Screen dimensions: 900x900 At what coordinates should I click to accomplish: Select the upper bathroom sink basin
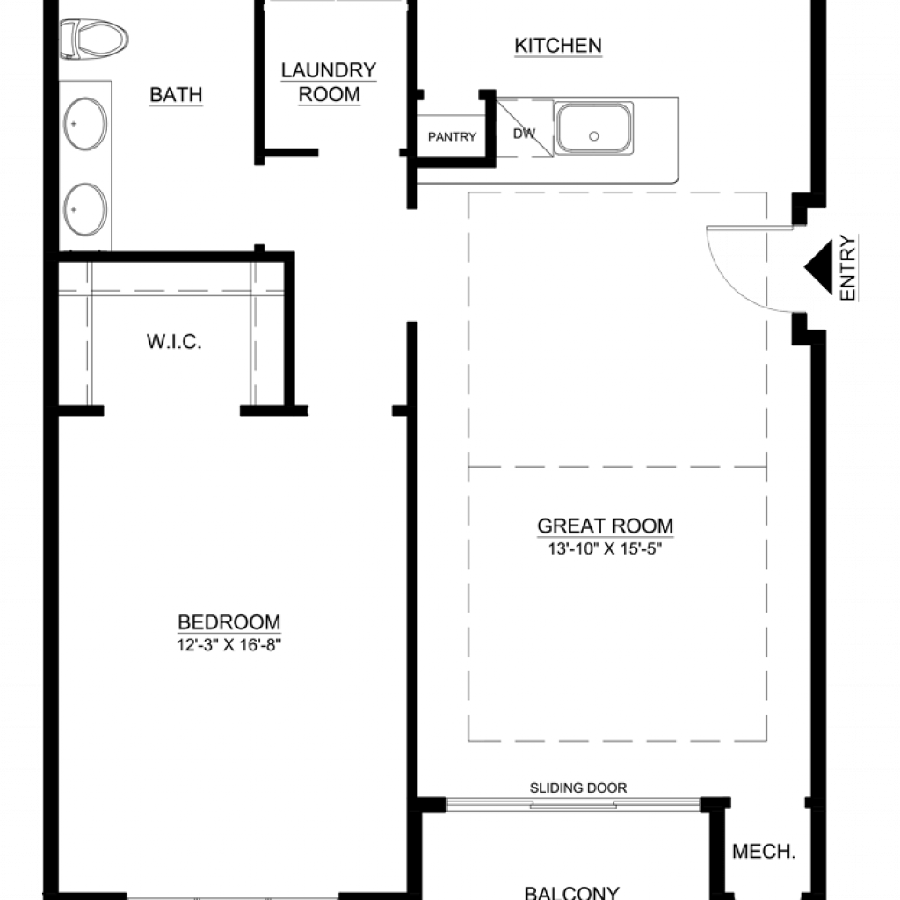85,124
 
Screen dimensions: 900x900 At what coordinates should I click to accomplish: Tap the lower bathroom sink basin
85,209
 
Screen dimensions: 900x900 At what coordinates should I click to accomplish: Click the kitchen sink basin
593,128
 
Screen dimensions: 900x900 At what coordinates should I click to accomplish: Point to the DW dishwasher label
524,134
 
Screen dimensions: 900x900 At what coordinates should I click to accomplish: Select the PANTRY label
453,136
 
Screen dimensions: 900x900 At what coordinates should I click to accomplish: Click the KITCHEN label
558,46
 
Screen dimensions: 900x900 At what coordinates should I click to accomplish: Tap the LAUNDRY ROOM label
329,82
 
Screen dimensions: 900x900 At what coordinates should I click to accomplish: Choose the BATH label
176,95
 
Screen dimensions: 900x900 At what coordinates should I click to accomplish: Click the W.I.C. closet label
174,342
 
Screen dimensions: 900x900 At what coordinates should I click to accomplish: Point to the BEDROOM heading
229,622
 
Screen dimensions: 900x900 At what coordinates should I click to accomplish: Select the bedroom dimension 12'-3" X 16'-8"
229,645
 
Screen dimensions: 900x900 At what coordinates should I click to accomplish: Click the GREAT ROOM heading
605,526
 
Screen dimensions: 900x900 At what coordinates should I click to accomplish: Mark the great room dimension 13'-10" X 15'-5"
605,548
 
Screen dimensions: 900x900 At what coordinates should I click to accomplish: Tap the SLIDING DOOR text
578,788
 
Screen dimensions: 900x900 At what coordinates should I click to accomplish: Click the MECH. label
764,851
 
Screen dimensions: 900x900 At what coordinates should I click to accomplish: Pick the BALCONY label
571,893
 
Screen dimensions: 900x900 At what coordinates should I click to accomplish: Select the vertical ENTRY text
847,267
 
